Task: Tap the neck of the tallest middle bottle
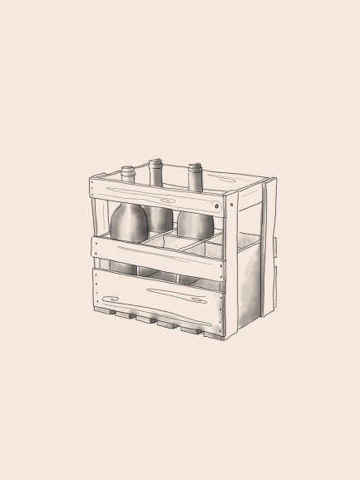click(x=155, y=172)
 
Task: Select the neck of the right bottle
click(x=195, y=176)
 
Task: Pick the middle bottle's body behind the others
click(x=160, y=218)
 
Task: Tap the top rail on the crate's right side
click(x=249, y=195)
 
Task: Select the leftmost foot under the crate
click(x=106, y=313)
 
